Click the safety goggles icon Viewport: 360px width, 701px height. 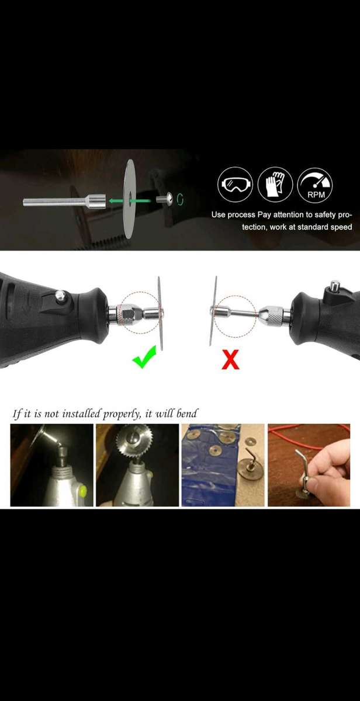pyautogui.click(x=235, y=184)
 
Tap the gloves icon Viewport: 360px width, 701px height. pyautogui.click(x=275, y=184)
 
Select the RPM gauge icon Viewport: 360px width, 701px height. pyautogui.click(x=314, y=184)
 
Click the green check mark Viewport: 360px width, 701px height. pyautogui.click(x=144, y=357)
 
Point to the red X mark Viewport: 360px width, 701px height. pyautogui.click(x=230, y=360)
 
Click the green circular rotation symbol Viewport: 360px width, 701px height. pyautogui.click(x=179, y=199)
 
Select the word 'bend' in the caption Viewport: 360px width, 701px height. pyautogui.click(x=186, y=414)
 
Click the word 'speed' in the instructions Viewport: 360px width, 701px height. pyautogui.click(x=341, y=227)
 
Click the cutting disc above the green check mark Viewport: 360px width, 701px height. pyautogui.click(x=160, y=313)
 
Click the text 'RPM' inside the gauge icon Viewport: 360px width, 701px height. pyautogui.click(x=316, y=195)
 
